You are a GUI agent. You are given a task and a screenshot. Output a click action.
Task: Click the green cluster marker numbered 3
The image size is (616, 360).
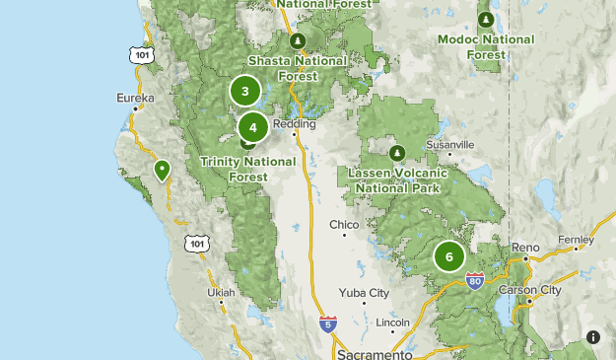pyautogui.click(x=244, y=92)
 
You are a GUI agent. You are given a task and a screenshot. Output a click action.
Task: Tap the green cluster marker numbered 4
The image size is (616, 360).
pyautogui.click(x=253, y=126)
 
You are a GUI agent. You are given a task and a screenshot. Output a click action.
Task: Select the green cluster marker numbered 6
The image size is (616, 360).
pyautogui.click(x=449, y=256)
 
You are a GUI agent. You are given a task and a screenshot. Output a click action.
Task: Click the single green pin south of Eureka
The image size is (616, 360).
pyautogui.click(x=162, y=171)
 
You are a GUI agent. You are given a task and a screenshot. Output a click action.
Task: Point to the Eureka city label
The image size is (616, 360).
pyautogui.click(x=135, y=99)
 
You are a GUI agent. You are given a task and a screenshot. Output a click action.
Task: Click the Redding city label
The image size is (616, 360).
pyautogui.click(x=295, y=124)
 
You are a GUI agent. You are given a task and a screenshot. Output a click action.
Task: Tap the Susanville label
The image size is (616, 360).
pyautogui.click(x=450, y=145)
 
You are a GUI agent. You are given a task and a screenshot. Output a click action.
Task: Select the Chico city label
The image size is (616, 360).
pyautogui.click(x=344, y=225)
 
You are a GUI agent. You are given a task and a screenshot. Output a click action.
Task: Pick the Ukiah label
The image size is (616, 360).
pyautogui.click(x=222, y=293)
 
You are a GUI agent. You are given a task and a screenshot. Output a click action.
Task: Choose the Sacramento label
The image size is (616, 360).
pyautogui.click(x=374, y=353)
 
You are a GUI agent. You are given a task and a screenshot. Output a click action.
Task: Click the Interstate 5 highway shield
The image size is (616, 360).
pyautogui.click(x=328, y=324)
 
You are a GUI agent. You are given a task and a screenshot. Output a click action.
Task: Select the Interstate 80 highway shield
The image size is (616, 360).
pyautogui.click(x=476, y=281)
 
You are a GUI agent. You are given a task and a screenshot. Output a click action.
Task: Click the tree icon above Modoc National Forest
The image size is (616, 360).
pyautogui.click(x=485, y=20)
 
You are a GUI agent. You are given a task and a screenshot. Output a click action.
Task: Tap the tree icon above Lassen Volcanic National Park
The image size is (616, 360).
pyautogui.click(x=397, y=153)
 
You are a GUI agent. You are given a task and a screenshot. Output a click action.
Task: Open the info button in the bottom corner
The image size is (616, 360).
pyautogui.click(x=593, y=337)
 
